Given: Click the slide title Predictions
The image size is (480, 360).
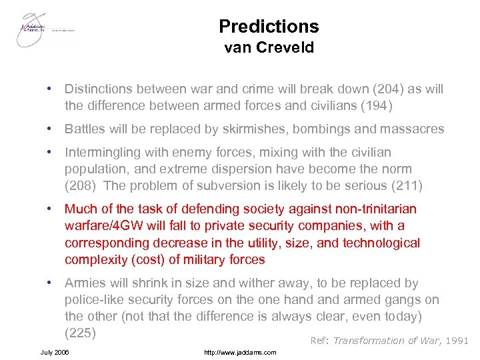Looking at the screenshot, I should pos(269,27).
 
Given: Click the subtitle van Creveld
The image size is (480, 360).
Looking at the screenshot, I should pos(269,47).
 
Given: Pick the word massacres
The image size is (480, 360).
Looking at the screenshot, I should pos(411,129).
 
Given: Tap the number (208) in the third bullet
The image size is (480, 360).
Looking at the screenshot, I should pos(81,185).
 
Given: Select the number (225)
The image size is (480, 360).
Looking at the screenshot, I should pos(81,332).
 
